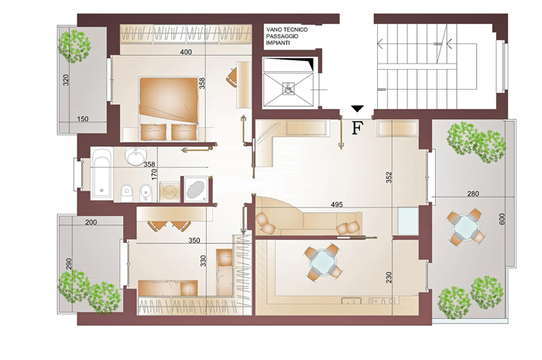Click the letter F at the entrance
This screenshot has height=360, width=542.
pos(358,128)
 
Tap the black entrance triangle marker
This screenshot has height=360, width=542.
pos(358,108)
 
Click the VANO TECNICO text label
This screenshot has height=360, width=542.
pos(287,29)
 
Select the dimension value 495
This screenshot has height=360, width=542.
pos(337,204)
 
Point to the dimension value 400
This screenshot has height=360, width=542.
pos(186,52)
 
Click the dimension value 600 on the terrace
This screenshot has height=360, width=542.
pos(503,218)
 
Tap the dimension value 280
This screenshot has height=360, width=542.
pos(473,194)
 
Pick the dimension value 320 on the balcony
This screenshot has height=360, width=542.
pos(66,81)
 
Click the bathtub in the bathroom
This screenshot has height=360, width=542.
pos(101,173)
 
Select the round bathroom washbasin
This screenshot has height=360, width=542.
pos(135,156)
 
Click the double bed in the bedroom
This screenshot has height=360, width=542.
pos(169,108)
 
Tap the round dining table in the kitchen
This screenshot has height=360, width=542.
pos(324,262)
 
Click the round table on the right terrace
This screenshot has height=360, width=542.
pos(465,227)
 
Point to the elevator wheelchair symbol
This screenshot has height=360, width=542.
pos(287,88)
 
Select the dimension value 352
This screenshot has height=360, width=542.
pos(389,177)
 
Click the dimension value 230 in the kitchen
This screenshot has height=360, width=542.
pos(389,277)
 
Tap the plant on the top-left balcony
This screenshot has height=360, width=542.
pos(74,46)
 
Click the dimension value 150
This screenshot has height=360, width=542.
pos(83,119)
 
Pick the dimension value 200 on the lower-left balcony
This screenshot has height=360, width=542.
pos(91,222)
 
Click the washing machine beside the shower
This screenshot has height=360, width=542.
pos(170,190)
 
